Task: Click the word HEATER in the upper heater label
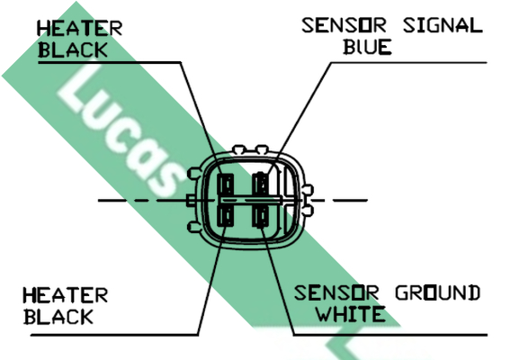(x=80, y=28)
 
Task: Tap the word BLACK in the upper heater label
(x=73, y=50)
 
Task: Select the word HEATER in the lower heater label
(x=65, y=295)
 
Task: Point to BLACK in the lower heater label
(x=58, y=317)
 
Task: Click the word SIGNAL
(x=443, y=25)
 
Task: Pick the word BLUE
(x=368, y=47)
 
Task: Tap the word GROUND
(x=437, y=292)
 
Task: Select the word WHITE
(x=352, y=314)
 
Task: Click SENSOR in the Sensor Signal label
(x=344, y=25)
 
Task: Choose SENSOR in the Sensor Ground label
(x=336, y=292)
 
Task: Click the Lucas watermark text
(x=120, y=130)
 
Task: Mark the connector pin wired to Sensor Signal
(x=261, y=184)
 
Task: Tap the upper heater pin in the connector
(x=226, y=184)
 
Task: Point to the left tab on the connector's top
(x=239, y=149)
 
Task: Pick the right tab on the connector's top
(x=262, y=149)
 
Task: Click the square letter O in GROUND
(x=431, y=292)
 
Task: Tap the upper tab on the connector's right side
(x=308, y=189)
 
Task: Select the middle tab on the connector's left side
(x=191, y=200)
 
